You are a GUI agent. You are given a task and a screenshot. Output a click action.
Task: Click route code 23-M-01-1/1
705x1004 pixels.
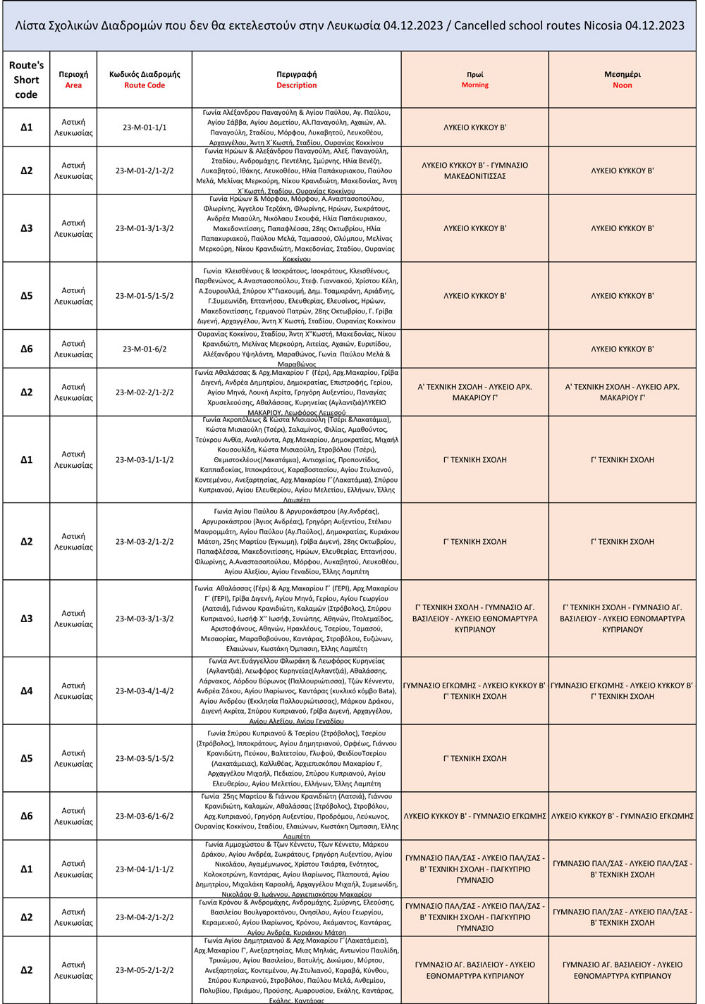(x=145, y=128)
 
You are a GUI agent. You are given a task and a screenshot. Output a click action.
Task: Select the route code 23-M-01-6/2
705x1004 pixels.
(x=145, y=349)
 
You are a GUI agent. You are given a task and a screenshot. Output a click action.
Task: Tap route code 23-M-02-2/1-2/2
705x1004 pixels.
(x=145, y=392)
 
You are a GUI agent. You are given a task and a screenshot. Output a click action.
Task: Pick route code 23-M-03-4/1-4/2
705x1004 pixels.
(x=145, y=691)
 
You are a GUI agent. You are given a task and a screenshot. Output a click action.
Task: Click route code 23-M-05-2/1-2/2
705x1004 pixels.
(x=145, y=970)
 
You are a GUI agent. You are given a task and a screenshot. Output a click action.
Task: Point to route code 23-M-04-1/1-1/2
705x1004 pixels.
(x=145, y=869)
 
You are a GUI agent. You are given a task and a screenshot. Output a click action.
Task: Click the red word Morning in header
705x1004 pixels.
(x=474, y=85)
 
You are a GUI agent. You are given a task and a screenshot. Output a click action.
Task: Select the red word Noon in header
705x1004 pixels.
(x=622, y=85)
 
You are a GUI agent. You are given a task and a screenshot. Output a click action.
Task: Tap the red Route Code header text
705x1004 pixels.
(x=145, y=85)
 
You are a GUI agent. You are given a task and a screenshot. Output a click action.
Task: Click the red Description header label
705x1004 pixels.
(x=296, y=85)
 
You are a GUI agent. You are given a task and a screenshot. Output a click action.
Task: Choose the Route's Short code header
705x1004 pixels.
(x=26, y=80)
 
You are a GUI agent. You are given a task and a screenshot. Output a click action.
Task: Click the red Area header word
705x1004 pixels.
(x=73, y=85)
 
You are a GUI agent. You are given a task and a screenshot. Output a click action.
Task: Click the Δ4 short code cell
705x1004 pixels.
(x=26, y=691)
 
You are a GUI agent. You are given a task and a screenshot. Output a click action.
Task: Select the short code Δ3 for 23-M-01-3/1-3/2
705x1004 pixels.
(x=26, y=228)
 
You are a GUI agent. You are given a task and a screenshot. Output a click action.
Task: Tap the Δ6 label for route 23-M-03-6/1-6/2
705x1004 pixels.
(x=26, y=816)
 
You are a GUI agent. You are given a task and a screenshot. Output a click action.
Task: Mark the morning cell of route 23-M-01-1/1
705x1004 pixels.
(x=474, y=128)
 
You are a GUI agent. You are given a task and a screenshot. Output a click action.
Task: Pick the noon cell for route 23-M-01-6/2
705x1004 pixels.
(x=622, y=349)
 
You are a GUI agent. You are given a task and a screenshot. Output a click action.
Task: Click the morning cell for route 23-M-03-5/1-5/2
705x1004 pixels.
(x=474, y=759)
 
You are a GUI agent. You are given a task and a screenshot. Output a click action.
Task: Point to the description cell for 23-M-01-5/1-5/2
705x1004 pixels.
(x=296, y=296)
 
